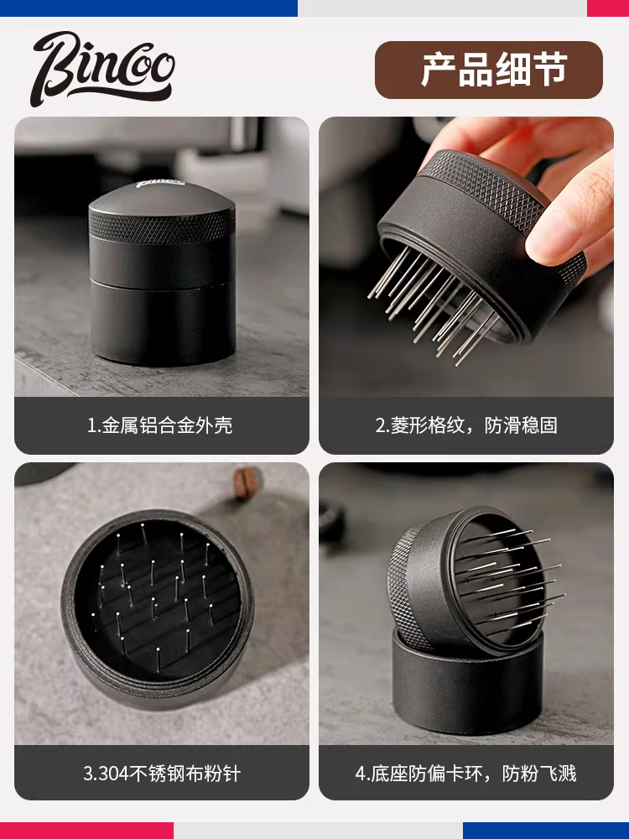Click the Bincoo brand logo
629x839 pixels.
click(102, 68)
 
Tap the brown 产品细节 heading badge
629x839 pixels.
click(489, 70)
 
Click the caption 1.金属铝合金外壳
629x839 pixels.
click(160, 425)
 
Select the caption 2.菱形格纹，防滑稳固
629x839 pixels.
click(466, 425)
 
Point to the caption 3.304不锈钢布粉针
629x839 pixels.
click(162, 774)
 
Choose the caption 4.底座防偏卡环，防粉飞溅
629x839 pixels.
click(465, 774)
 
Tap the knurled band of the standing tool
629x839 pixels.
click(162, 224)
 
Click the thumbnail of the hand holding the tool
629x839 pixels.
click(466, 257)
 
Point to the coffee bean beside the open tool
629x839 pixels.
click(247, 483)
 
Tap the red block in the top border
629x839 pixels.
click(608, 8)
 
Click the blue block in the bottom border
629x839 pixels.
click(546, 831)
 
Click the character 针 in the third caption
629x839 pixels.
click(232, 774)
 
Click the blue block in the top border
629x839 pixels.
click(148, 8)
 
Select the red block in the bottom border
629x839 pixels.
click(86, 831)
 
